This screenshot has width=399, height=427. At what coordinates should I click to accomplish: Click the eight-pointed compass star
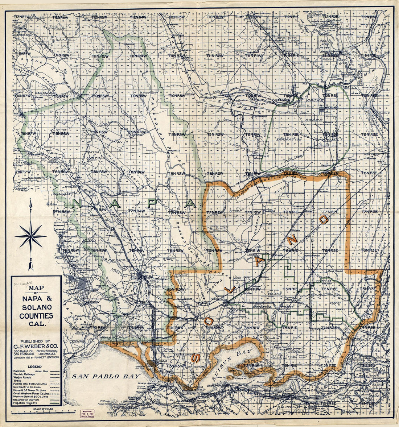tap(31, 236)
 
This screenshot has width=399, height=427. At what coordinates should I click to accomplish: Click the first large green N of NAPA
tap(77, 203)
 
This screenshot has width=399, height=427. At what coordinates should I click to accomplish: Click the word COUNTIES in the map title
tap(36, 316)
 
